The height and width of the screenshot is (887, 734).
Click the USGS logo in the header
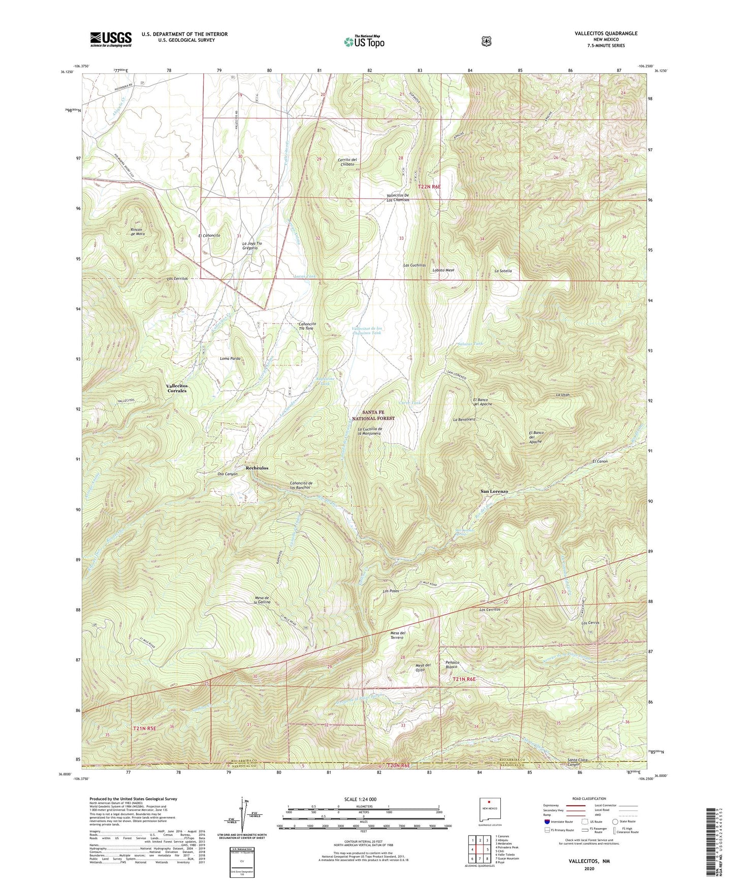111,39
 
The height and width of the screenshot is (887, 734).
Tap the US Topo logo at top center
364,41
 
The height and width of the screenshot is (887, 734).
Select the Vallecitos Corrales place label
177,388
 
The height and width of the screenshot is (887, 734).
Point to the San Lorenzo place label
494,491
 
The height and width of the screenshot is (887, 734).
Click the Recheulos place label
257,468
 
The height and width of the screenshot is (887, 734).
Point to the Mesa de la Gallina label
262,599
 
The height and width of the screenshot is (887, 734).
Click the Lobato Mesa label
443,270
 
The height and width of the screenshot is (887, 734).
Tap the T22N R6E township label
429,187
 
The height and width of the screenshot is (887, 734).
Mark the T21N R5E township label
145,728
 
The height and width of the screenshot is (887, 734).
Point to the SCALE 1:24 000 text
360,799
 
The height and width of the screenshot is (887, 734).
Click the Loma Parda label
230,359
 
